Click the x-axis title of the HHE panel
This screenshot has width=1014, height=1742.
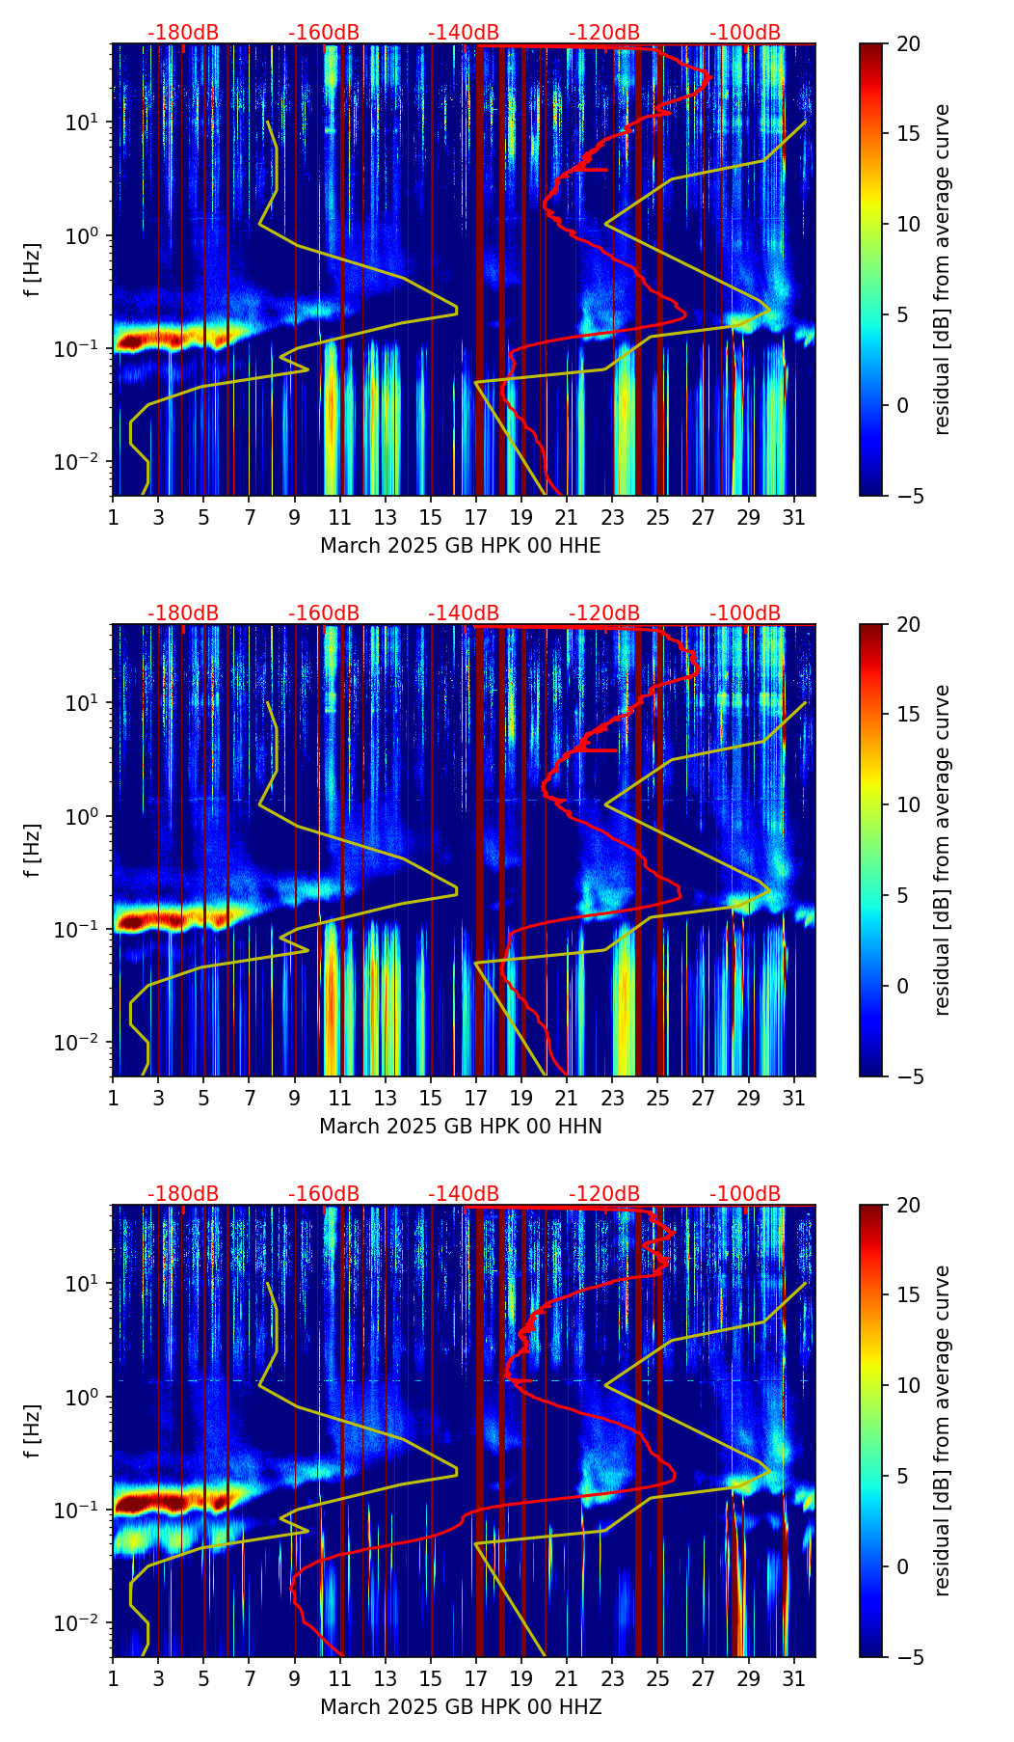pos(460,546)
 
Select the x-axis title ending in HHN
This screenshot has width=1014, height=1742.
pos(460,1127)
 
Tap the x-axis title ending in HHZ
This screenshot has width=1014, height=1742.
pos(460,1707)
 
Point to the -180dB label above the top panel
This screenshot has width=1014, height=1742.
pos(183,33)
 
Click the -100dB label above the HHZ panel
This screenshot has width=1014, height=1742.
pos(745,1194)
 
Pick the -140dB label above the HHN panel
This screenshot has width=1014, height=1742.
pos(464,613)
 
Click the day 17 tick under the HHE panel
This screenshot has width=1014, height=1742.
pos(476,516)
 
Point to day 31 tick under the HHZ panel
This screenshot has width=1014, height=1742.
pos(793,1677)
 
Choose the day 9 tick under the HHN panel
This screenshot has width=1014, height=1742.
pos(295,1097)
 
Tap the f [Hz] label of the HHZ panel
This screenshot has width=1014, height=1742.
pos(35,1430)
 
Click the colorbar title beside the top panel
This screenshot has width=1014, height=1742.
pos(944,269)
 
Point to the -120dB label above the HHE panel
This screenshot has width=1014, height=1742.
pos(604,33)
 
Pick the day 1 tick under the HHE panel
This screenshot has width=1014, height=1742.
pos(114,516)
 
